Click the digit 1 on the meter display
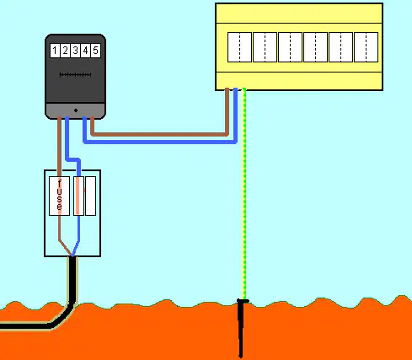[x=55, y=51]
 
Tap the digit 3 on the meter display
[x=75, y=51]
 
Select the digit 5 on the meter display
[x=95, y=51]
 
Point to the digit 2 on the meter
[x=65, y=51]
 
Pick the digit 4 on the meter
[x=85, y=51]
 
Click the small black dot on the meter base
[x=76, y=110]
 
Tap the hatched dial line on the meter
[x=75, y=75]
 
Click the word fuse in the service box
[x=59, y=196]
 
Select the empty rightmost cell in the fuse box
[x=90, y=196]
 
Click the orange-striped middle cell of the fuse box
[x=78, y=196]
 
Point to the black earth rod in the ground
[x=241, y=328]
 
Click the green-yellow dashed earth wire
[x=244, y=194]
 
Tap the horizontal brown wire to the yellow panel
[x=159, y=134]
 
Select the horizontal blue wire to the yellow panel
[x=160, y=142]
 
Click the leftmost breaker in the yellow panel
[x=239, y=47]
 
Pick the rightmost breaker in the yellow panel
[x=366, y=47]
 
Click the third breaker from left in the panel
[x=290, y=47]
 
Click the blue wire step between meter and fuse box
[x=72, y=160]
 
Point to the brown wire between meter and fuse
[x=60, y=146]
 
